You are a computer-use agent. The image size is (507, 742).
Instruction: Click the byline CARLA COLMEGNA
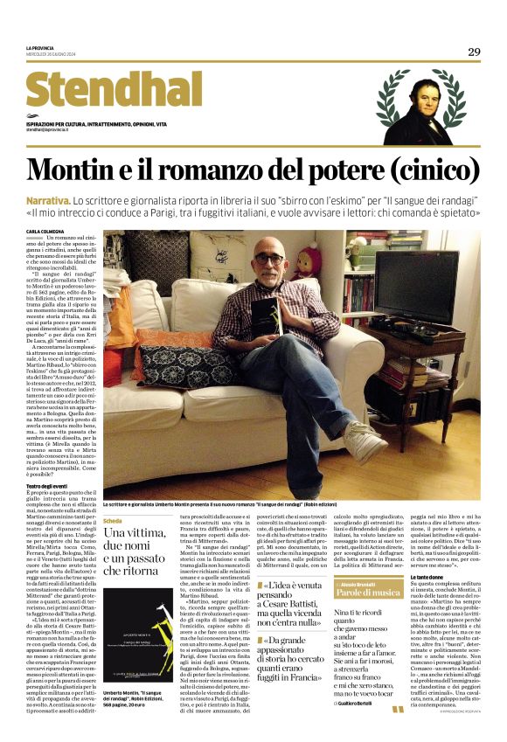[x=45, y=231]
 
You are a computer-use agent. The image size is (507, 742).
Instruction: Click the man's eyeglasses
[x=268, y=260]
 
